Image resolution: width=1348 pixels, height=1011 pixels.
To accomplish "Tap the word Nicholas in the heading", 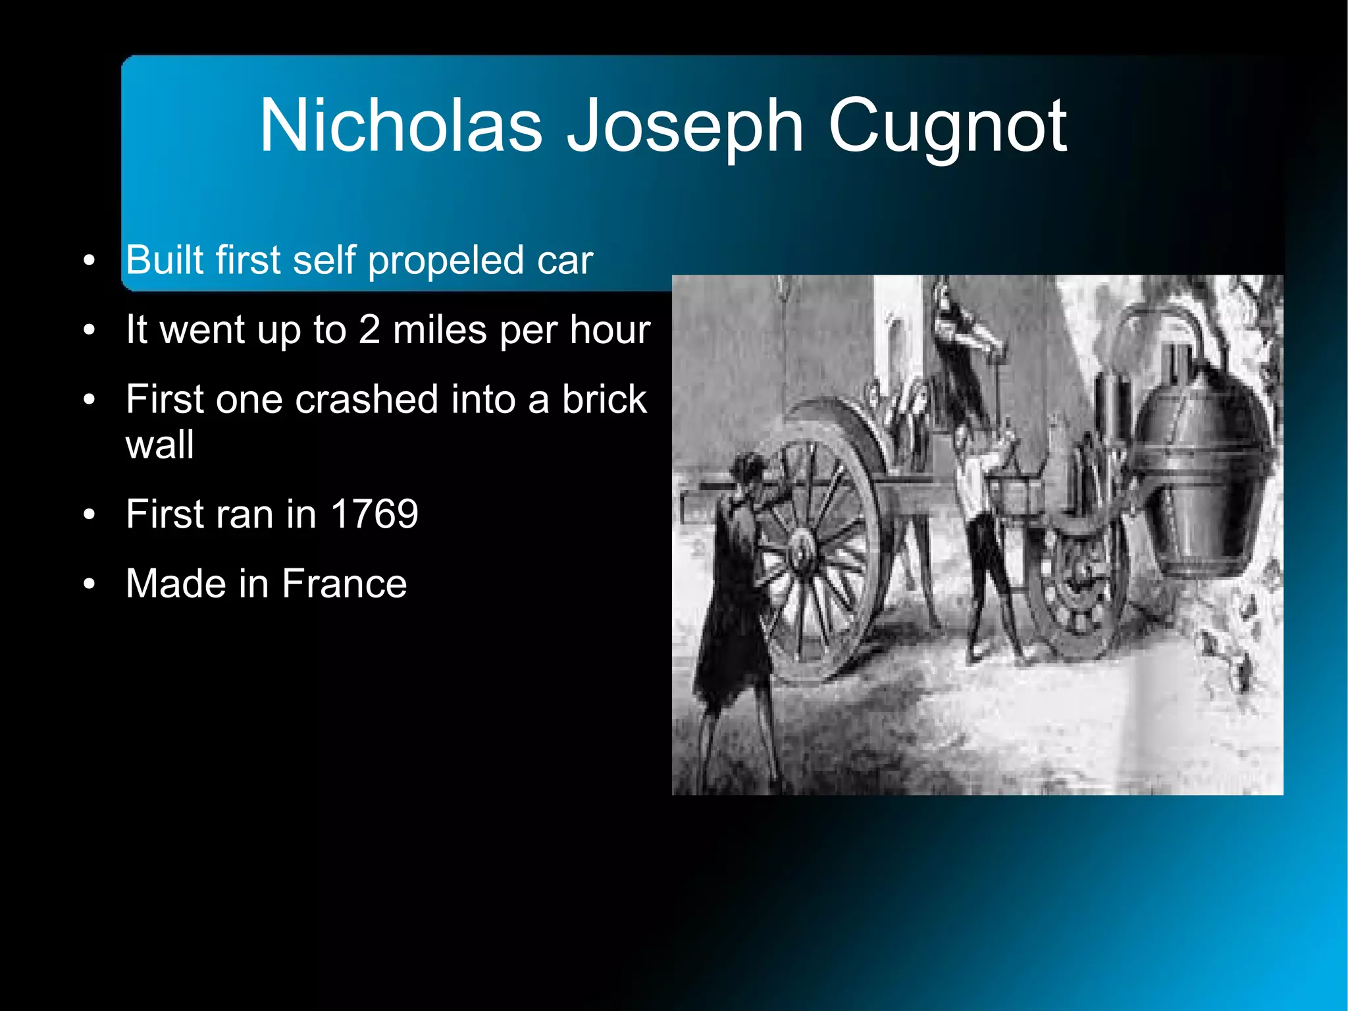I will coord(401,125).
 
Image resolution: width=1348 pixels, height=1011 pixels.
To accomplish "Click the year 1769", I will coord(374,514).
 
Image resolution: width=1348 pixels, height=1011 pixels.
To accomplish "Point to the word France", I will coord(344,584).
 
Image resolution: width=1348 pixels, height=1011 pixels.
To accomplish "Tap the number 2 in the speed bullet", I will coord(369,329).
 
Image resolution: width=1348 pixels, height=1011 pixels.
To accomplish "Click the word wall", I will coord(160,445).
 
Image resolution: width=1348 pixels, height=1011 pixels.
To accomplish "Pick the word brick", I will coord(604,400).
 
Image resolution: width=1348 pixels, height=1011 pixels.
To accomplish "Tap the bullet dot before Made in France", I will coord(90,584).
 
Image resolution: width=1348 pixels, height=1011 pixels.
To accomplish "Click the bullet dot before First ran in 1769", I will coord(90,514).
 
